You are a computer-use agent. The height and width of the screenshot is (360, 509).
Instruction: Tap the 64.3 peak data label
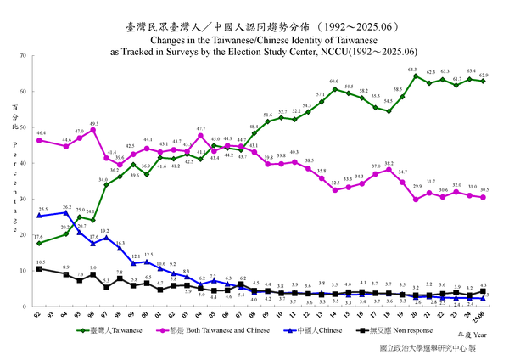413,70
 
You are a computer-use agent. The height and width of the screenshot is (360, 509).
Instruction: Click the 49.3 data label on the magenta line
94,123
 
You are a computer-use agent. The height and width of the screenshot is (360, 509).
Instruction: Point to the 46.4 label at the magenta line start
41,133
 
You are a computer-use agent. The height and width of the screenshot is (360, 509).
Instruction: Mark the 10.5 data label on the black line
41,262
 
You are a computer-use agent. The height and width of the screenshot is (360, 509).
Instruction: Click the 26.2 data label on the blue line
66,206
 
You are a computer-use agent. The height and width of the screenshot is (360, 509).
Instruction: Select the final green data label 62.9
484,75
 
